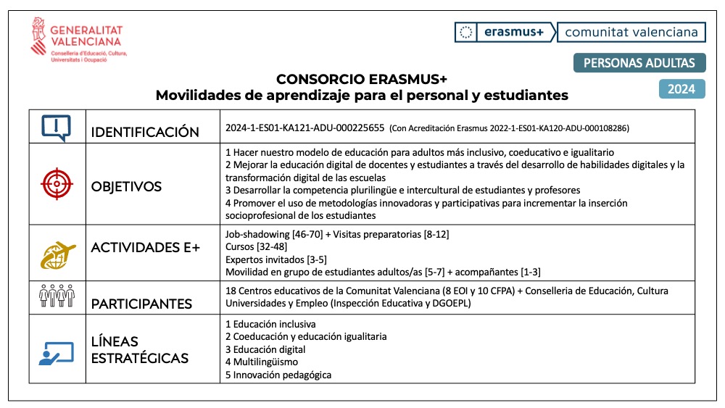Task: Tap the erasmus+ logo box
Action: [x=505, y=32]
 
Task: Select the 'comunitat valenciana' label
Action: [x=631, y=32]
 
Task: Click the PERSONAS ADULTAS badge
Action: [x=639, y=63]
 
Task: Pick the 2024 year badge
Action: [x=681, y=89]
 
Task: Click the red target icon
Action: [x=57, y=183]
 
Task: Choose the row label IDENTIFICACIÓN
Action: [x=145, y=132]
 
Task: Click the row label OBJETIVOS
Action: [x=126, y=186]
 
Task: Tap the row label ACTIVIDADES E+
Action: [x=145, y=248]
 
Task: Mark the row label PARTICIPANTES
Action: [x=141, y=304]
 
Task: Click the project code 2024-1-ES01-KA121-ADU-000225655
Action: [x=304, y=128]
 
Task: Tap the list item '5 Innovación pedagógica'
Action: [x=278, y=375]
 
